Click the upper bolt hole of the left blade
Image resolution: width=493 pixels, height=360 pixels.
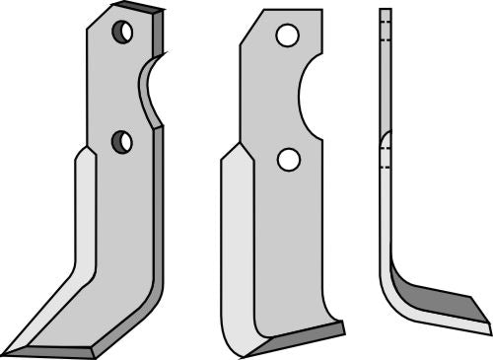coord(122,33)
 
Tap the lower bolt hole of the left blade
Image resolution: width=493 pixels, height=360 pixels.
coord(122,141)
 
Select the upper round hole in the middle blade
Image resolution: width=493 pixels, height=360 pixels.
coord(287,36)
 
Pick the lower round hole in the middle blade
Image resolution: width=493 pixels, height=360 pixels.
coord(288,158)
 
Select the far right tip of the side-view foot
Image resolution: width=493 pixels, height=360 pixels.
coord(488,321)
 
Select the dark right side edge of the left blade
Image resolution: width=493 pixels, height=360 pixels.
coord(160,217)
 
